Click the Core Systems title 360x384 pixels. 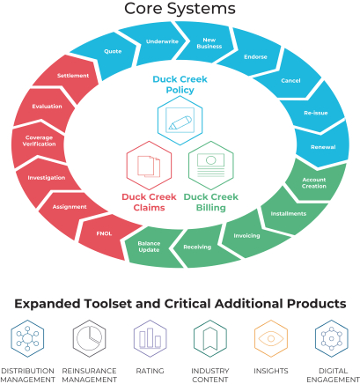coord(180,9)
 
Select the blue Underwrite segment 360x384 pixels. coord(160,42)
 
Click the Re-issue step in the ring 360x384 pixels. coord(316,112)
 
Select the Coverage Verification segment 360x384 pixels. coord(38,141)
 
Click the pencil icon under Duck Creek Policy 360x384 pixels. coord(180,121)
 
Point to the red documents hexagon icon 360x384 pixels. coord(149,166)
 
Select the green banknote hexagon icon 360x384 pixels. coord(211,166)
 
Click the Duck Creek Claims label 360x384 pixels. coord(149,203)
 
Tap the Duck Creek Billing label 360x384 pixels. coord(211,203)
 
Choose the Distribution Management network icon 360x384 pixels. coord(27,338)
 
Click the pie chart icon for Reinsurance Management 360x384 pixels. coord(89,338)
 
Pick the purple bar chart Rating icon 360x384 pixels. coord(150,338)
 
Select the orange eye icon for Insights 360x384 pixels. coord(271,338)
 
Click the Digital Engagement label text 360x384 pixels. coord(333,375)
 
